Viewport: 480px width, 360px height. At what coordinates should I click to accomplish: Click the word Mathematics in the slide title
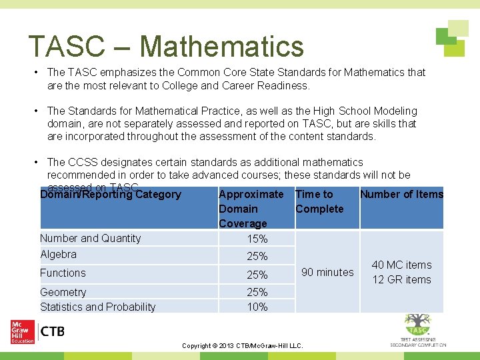[222, 46]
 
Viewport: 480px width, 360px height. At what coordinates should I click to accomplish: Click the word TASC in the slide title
[67, 46]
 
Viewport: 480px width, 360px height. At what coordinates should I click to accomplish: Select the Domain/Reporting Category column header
[111, 195]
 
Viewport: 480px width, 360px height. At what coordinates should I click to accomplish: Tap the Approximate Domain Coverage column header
[251, 209]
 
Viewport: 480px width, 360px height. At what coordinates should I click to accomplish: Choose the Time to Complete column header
[319, 201]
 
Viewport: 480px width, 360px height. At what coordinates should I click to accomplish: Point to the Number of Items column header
[401, 194]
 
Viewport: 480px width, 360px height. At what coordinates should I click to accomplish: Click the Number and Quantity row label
[91, 238]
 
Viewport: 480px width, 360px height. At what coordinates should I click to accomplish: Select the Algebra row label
[59, 254]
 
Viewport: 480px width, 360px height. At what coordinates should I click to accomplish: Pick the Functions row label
[63, 273]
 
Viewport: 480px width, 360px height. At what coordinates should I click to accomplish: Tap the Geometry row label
[63, 292]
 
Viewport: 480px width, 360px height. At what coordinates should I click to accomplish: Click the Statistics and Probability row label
[98, 307]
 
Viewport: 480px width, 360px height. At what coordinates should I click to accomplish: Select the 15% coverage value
[257, 239]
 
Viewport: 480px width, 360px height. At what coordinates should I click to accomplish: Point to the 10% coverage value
[257, 307]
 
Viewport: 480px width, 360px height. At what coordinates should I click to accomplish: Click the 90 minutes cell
[327, 272]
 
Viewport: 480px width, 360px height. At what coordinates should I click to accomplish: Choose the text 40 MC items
[401, 265]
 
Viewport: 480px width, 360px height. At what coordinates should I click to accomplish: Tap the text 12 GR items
[401, 279]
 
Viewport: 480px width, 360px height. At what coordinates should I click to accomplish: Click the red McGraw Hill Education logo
[23, 331]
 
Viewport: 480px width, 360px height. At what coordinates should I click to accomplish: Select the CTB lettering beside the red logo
[53, 331]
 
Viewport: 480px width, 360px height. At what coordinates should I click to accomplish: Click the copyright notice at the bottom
[243, 346]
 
